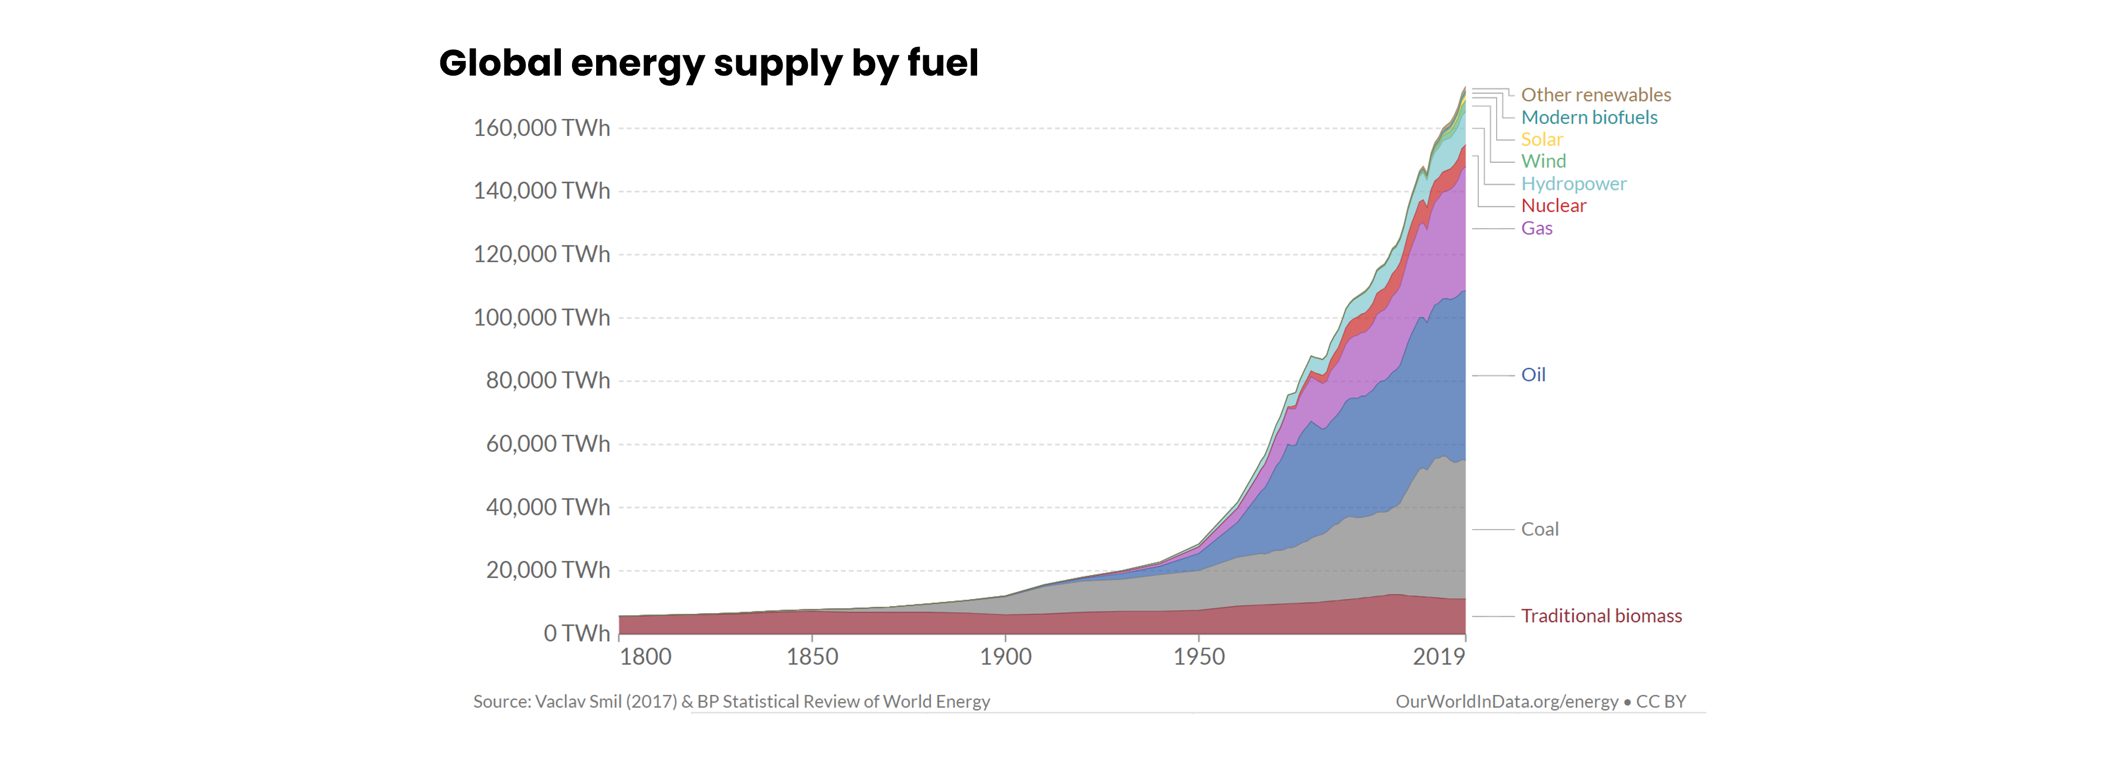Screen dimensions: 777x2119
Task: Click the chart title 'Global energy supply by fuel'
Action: [x=708, y=63]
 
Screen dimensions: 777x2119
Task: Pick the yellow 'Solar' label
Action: [x=1542, y=139]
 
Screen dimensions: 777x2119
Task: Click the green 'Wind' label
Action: [x=1543, y=161]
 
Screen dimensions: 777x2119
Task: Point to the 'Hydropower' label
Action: [x=1573, y=183]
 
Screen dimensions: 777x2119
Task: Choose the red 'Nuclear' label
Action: [x=1553, y=206]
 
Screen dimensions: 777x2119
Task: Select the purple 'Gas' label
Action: [x=1536, y=228]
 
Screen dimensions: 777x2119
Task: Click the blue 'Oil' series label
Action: [x=1532, y=375]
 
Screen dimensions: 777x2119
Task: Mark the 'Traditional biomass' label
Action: [x=1601, y=616]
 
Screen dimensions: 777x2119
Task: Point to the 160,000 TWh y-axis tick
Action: [x=541, y=128]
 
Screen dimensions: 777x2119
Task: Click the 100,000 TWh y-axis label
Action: [x=541, y=317]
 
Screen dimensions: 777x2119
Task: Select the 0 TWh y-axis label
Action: [x=576, y=633]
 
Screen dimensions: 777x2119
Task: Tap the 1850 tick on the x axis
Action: [x=812, y=656]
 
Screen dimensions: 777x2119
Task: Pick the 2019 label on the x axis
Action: [x=1439, y=656]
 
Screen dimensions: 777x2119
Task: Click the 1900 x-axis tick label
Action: [x=1005, y=656]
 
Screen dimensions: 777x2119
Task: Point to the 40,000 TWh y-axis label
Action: [x=548, y=506]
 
